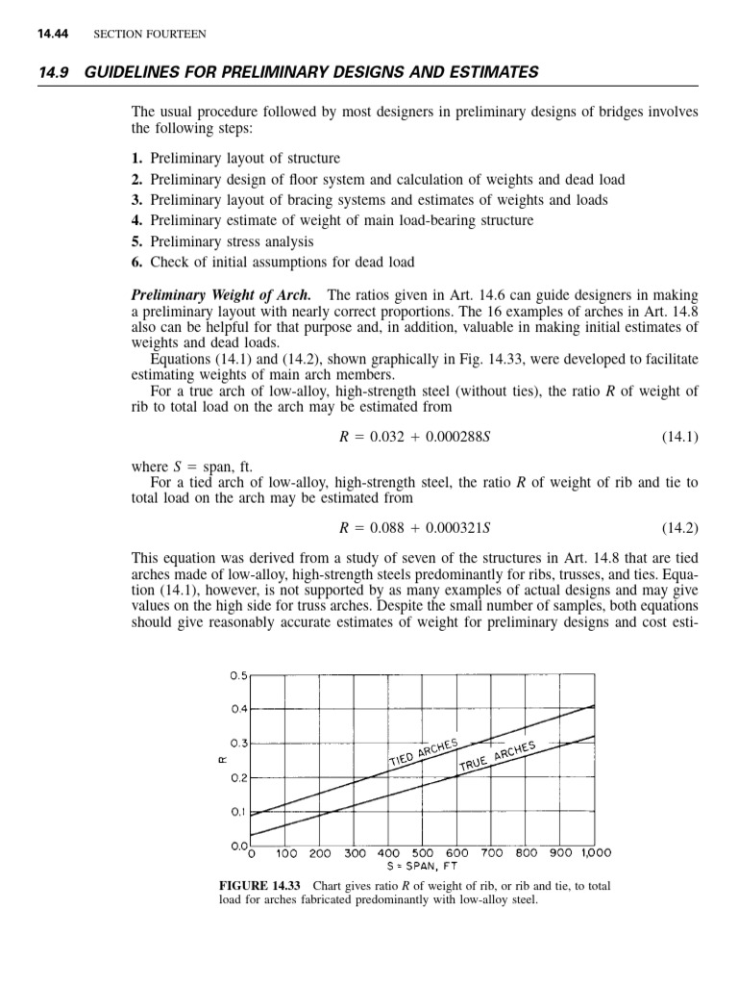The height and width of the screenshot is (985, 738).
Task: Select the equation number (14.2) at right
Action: click(678, 528)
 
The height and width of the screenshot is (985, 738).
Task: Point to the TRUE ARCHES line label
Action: click(497, 756)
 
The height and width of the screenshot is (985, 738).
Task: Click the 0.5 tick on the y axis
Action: click(237, 675)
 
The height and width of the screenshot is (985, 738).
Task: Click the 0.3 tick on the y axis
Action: click(237, 744)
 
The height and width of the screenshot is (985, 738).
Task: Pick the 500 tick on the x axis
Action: click(422, 852)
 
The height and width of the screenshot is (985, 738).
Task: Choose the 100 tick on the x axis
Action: click(286, 852)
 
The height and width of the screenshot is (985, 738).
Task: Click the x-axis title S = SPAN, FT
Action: click(422, 866)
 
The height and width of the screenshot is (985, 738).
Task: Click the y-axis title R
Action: click(223, 760)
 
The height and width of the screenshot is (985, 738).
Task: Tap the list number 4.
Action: click(136, 220)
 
